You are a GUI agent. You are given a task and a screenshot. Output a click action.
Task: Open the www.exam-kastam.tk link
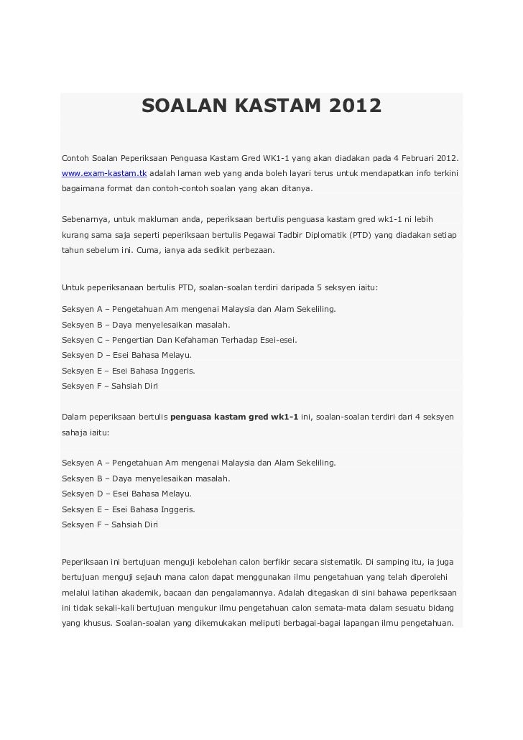coord(104,174)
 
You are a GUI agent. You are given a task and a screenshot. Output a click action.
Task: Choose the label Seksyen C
coord(81,339)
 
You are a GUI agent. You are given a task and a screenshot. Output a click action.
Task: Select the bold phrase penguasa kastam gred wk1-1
coord(234,417)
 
